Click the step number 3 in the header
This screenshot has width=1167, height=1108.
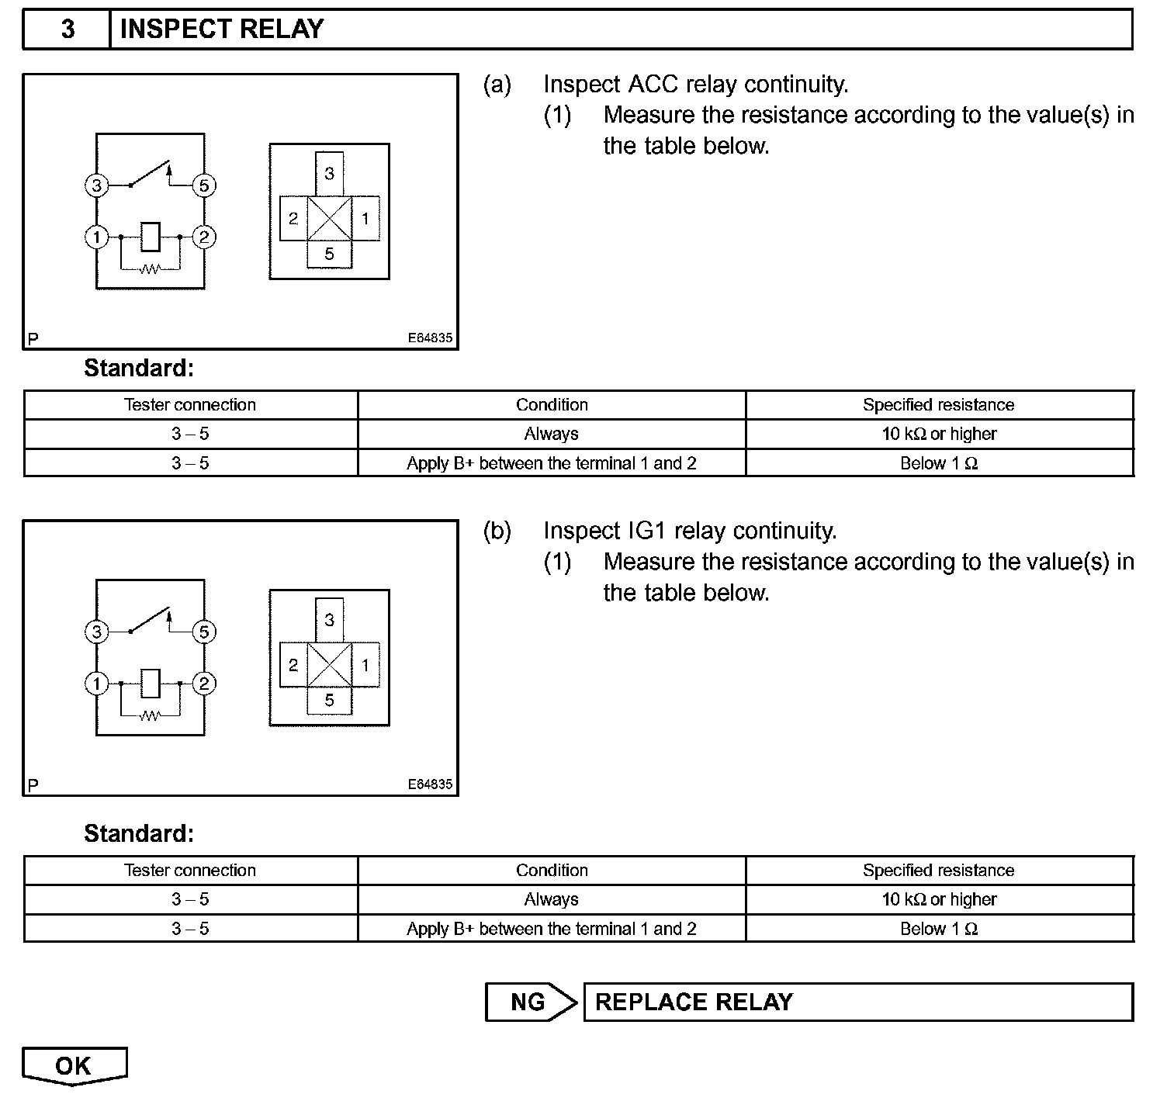point(68,29)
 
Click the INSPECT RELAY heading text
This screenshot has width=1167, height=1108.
point(222,29)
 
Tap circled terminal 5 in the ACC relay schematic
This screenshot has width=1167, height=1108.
point(204,185)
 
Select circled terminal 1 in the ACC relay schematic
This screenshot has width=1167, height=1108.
point(96,237)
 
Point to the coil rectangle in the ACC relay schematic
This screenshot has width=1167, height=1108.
point(151,237)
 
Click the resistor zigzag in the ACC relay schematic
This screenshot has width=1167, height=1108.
point(150,269)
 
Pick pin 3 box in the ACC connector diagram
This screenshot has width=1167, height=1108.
point(329,173)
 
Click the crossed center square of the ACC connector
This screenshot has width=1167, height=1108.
point(329,219)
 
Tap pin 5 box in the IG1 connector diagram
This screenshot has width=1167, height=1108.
point(329,700)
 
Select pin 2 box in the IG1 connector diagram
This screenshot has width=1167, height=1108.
point(293,665)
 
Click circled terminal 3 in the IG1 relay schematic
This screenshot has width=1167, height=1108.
point(96,632)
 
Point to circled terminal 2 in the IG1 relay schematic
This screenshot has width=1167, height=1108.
point(204,684)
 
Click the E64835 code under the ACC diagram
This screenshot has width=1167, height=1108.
point(430,338)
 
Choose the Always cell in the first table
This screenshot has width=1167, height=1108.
point(551,434)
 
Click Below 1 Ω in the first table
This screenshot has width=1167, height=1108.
point(939,463)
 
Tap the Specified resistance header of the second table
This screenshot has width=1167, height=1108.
point(939,870)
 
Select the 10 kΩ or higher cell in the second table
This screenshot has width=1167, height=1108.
point(939,899)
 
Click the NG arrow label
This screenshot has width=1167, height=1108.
point(529,1002)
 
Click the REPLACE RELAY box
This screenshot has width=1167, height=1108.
point(857,1002)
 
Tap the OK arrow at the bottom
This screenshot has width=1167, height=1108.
point(74,1066)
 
